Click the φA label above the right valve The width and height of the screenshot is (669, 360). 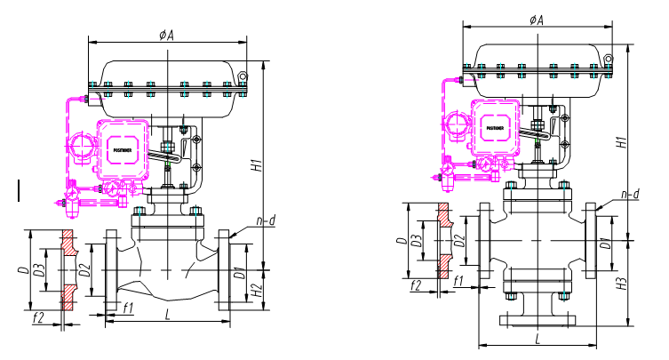click(x=536, y=20)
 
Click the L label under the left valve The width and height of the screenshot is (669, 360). click(x=167, y=313)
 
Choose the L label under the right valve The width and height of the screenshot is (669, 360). click(x=538, y=339)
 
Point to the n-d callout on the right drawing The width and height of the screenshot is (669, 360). click(x=630, y=194)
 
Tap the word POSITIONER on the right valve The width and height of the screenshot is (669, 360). click(x=497, y=128)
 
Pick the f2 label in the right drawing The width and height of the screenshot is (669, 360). click(x=415, y=284)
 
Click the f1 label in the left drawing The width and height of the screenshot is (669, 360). click(x=129, y=308)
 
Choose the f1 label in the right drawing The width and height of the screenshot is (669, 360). click(x=458, y=282)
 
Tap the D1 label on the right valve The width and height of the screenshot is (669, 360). click(x=603, y=242)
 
